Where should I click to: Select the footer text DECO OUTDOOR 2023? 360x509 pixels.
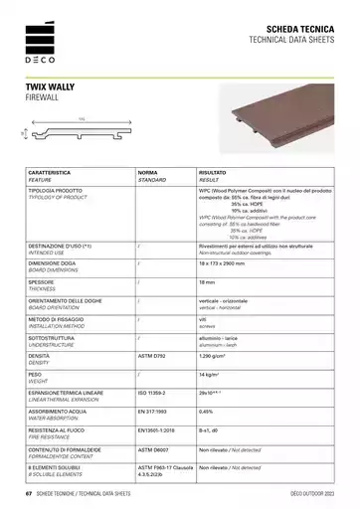point(315,492)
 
